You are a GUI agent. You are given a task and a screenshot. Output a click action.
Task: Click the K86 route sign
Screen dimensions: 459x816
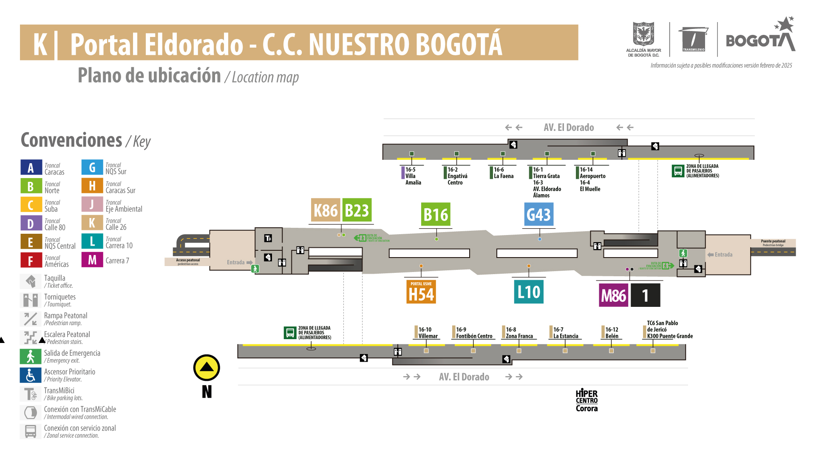(x=326, y=210)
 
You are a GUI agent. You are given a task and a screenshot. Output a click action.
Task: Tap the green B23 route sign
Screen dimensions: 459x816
(x=357, y=210)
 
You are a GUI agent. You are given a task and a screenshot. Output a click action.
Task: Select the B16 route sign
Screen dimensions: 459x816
(x=436, y=215)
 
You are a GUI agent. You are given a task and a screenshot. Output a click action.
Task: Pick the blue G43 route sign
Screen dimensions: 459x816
(x=538, y=215)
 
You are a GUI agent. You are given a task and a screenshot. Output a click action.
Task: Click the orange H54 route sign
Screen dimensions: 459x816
(x=421, y=292)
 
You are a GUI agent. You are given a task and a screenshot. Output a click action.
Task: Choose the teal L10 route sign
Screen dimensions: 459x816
(x=529, y=292)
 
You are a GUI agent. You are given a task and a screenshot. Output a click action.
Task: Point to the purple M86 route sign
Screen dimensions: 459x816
(x=613, y=295)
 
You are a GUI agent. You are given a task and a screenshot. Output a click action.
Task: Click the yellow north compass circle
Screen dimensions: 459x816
(x=207, y=368)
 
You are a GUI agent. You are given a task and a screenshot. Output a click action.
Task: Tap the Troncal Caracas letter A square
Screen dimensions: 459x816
(x=31, y=167)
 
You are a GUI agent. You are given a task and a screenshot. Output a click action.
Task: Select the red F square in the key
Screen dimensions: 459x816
(x=31, y=260)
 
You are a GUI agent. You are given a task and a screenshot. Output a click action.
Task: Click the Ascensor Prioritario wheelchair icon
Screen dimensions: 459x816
(x=31, y=375)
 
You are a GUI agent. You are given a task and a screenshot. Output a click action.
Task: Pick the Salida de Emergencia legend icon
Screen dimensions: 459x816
(x=31, y=357)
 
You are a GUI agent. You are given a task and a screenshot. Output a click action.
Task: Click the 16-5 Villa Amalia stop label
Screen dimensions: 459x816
(x=413, y=176)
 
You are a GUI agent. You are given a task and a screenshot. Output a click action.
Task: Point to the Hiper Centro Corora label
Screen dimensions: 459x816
(x=586, y=400)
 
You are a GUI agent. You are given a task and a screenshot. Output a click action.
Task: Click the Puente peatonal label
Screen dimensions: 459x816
(x=773, y=243)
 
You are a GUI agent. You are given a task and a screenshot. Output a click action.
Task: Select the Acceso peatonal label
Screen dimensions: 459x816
(x=188, y=261)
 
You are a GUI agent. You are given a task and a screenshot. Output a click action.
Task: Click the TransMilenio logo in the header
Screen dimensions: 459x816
(x=694, y=39)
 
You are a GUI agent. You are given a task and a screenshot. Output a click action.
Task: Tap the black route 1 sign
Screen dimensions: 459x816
(x=645, y=295)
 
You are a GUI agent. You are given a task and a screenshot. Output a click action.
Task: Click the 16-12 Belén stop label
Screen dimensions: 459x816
(x=612, y=333)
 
